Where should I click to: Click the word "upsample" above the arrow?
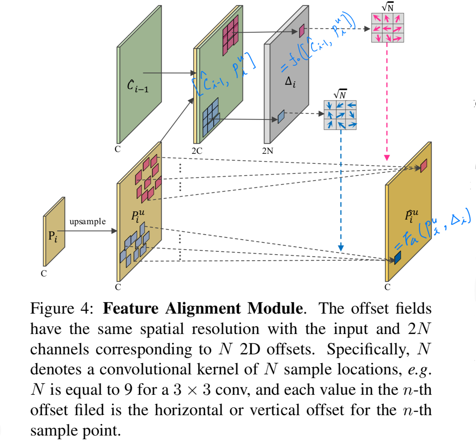[88, 222]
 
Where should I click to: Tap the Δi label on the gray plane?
[290, 82]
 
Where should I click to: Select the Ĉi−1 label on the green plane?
[138, 86]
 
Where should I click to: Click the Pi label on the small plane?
[53, 236]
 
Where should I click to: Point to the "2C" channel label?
[197, 151]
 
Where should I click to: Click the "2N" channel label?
[268, 151]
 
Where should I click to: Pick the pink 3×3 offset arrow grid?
[388, 28]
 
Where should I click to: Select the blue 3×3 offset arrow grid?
[340, 115]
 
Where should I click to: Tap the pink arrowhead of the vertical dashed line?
[387, 158]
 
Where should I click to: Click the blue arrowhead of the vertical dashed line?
[341, 247]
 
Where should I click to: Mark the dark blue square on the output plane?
[397, 258]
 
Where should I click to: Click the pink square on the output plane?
[423, 166]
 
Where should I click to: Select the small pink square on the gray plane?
[301, 30]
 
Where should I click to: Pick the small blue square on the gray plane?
[281, 116]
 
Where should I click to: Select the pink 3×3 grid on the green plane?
[230, 35]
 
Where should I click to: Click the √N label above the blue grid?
[340, 94]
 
